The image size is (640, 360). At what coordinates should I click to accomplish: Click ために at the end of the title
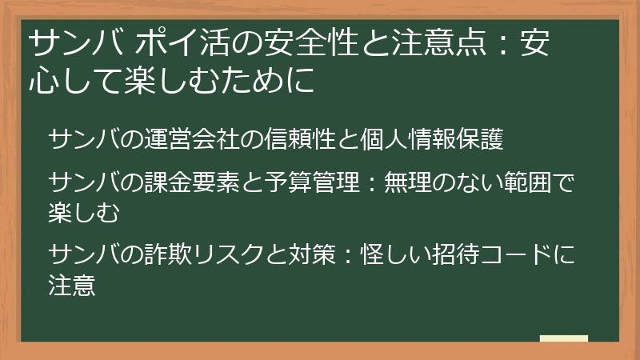pyautogui.click(x=276, y=80)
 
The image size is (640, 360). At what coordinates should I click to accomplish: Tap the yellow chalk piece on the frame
pyautogui.click(x=563, y=339)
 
